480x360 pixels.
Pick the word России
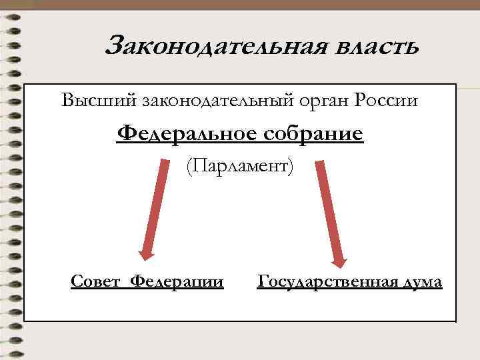click(x=387, y=101)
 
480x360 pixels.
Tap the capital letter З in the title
click(x=115, y=47)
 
